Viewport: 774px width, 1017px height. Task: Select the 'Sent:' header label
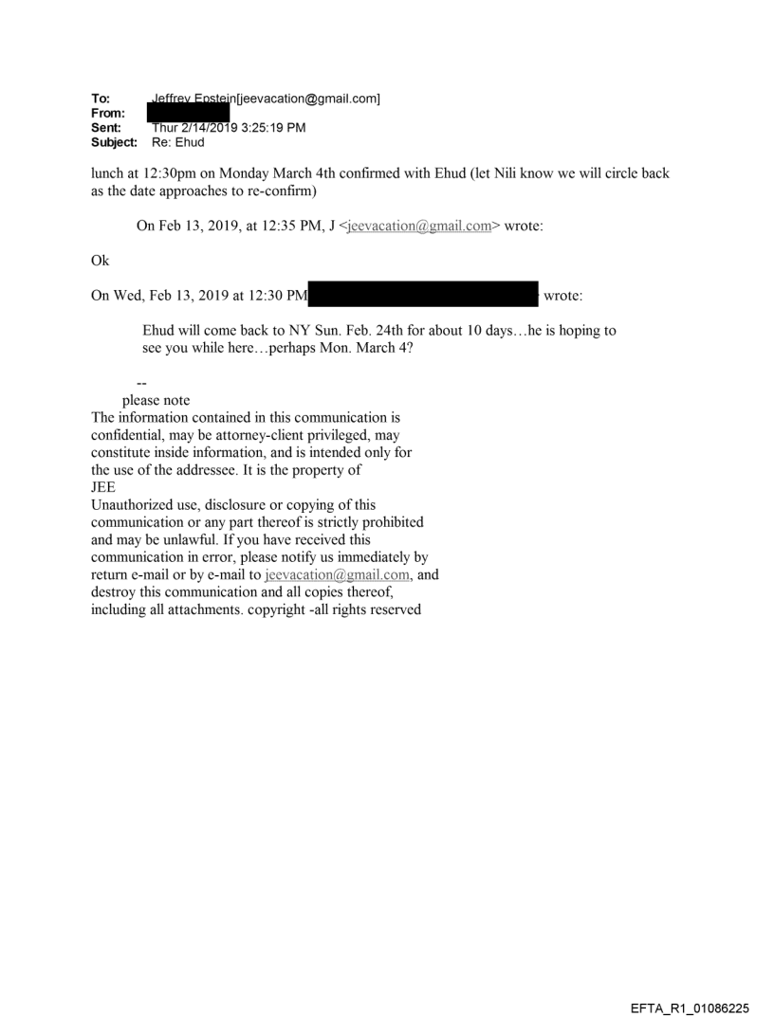pyautogui.click(x=104, y=127)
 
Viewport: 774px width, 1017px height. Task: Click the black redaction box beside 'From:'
pyautogui.click(x=189, y=112)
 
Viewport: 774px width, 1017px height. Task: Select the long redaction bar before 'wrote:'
pyautogui.click(x=423, y=296)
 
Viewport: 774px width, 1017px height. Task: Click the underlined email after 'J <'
pyautogui.click(x=420, y=227)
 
